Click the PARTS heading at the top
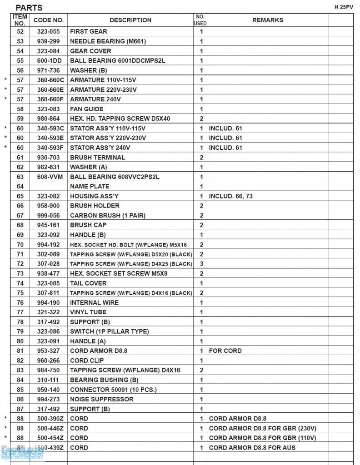point(29,8)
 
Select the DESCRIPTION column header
point(130,20)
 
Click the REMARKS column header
point(268,20)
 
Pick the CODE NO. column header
point(49,20)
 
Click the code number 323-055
point(49,31)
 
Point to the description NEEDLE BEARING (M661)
point(105,41)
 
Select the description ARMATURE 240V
point(95,99)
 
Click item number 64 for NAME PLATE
point(20,186)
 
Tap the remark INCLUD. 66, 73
point(231,196)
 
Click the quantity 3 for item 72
point(201,264)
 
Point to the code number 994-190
point(49,302)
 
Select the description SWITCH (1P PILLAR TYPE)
point(109,331)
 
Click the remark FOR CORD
point(225,351)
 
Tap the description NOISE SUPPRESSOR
point(102,399)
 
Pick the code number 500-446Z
point(50,428)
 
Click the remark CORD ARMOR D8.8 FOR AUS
point(252,448)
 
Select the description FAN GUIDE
point(87,109)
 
